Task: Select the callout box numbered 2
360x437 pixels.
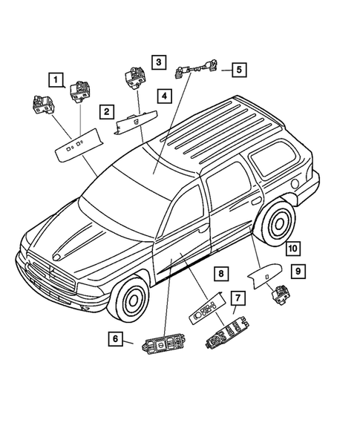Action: coord(107,112)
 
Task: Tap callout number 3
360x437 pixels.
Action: coord(160,62)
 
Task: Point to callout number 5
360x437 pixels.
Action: coord(238,70)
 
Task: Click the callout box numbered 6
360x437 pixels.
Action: coord(116,339)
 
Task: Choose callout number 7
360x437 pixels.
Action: coord(238,298)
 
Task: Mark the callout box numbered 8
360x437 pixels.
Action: coord(221,274)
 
